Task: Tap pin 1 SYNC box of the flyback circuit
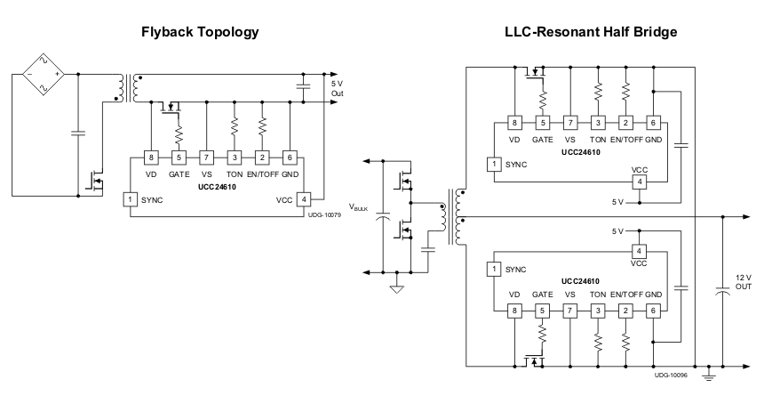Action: coord(131,198)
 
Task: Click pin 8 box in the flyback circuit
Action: coord(153,158)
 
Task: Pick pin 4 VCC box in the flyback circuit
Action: coord(305,198)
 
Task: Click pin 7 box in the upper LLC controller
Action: coord(569,123)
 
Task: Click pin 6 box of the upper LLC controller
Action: coord(653,123)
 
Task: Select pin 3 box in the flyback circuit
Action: coord(235,158)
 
